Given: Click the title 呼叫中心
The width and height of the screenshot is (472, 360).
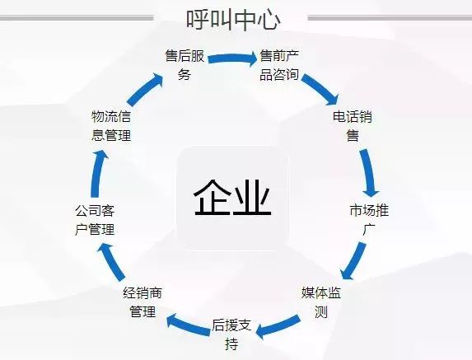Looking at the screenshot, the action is (233, 20).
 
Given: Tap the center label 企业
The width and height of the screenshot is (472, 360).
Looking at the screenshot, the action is (232, 198).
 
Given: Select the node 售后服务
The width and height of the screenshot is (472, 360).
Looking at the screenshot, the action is (185, 65).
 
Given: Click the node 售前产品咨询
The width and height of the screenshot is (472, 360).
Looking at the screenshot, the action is (279, 65).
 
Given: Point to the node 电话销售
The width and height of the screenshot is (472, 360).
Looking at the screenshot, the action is (353, 126).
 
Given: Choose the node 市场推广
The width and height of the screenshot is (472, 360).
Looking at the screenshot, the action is (369, 220).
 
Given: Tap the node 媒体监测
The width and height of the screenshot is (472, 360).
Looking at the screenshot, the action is (321, 302).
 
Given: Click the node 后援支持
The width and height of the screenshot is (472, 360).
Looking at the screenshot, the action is (231, 334).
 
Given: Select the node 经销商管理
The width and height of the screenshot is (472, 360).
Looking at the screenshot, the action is (143, 302).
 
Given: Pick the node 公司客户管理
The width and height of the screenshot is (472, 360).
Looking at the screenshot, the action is (95, 220).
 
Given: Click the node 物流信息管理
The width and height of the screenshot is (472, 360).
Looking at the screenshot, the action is (111, 126).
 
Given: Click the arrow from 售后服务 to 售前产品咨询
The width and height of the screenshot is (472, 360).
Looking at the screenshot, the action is (232, 58).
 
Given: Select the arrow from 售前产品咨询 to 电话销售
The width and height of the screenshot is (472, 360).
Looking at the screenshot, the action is (321, 89).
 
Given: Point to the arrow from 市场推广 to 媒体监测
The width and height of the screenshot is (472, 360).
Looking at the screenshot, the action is (355, 261).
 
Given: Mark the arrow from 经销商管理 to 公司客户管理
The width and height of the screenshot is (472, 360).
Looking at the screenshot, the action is (112, 261).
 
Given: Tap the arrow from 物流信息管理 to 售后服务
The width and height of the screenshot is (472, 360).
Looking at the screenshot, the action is (144, 89).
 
